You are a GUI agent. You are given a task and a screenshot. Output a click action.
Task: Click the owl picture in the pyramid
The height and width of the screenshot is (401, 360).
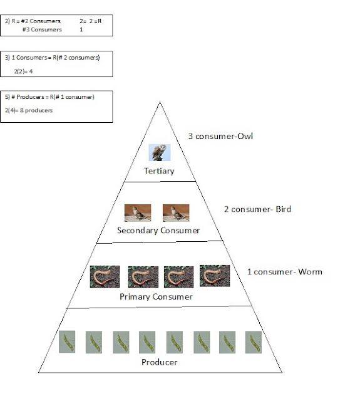pos(160,152)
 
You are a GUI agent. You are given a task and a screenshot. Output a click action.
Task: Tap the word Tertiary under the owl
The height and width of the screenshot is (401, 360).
pos(159,171)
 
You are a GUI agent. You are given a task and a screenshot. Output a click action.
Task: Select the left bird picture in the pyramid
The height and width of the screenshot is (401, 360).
pos(138,213)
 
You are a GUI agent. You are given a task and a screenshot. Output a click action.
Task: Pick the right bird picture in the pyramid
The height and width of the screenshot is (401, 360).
pos(176,213)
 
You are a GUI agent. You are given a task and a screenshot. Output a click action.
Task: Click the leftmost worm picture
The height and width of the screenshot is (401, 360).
pos(105,277)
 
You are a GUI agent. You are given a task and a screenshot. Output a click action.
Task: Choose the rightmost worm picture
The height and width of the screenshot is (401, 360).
pos(215,276)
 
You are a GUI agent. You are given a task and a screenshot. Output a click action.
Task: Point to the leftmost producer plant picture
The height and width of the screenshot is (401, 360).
pos(67,341)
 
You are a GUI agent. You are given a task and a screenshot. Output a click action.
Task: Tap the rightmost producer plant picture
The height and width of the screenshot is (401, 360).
pos(254,342)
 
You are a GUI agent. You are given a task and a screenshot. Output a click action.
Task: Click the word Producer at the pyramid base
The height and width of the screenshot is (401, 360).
pos(160,362)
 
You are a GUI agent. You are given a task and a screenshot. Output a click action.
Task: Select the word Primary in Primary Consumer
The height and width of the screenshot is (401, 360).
pos(135,297)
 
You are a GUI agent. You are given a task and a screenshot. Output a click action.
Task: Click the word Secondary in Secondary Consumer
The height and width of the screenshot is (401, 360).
pos(138,231)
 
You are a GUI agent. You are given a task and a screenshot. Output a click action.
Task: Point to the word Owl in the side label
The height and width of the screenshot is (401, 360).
pos(245,136)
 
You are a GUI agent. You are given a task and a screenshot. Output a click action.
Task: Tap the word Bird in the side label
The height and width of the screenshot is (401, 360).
pos(284,209)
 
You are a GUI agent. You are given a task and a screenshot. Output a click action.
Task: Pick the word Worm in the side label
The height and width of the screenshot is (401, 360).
pos(310,271)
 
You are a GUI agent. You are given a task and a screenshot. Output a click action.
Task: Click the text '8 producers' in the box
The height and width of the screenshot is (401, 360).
pos(36,110)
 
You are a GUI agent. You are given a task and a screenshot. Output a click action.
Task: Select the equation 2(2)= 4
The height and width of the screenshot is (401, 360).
pos(23,71)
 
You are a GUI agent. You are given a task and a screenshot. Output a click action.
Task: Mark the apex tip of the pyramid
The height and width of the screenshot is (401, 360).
pos(160,102)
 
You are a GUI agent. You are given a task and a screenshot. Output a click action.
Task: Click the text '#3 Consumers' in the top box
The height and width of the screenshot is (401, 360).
pos(42,29)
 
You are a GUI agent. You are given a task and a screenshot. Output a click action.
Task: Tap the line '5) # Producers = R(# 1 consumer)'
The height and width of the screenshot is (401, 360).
pos(49,97)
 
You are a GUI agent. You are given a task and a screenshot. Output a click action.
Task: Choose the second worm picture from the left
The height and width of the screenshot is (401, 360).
pos(143,277)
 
